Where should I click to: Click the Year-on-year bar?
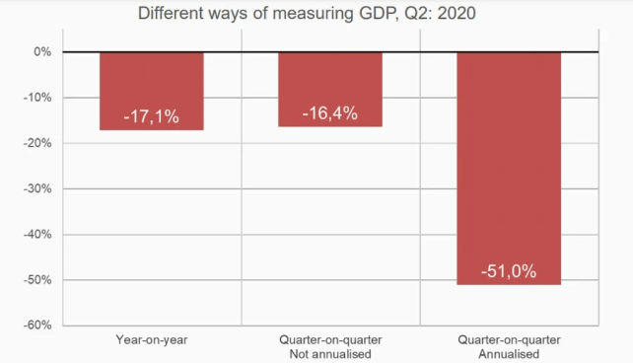(152, 92)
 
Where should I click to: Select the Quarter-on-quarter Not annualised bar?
(330, 90)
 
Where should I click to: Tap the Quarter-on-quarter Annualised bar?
(509, 169)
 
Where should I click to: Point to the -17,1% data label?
(152, 116)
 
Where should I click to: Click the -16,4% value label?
(330, 113)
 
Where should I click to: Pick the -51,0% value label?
(509, 271)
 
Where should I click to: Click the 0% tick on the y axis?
(42, 51)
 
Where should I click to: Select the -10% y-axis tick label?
(37, 98)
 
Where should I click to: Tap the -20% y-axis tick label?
(37, 143)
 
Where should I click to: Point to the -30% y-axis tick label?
(37, 188)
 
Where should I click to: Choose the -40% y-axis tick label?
(37, 234)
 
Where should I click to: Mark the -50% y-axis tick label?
(37, 280)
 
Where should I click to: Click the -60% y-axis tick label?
(37, 326)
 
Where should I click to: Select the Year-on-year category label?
(152, 340)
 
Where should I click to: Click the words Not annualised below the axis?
(330, 354)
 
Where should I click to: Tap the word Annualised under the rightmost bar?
(509, 354)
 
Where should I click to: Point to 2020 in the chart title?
(457, 13)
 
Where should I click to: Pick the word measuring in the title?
(313, 14)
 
